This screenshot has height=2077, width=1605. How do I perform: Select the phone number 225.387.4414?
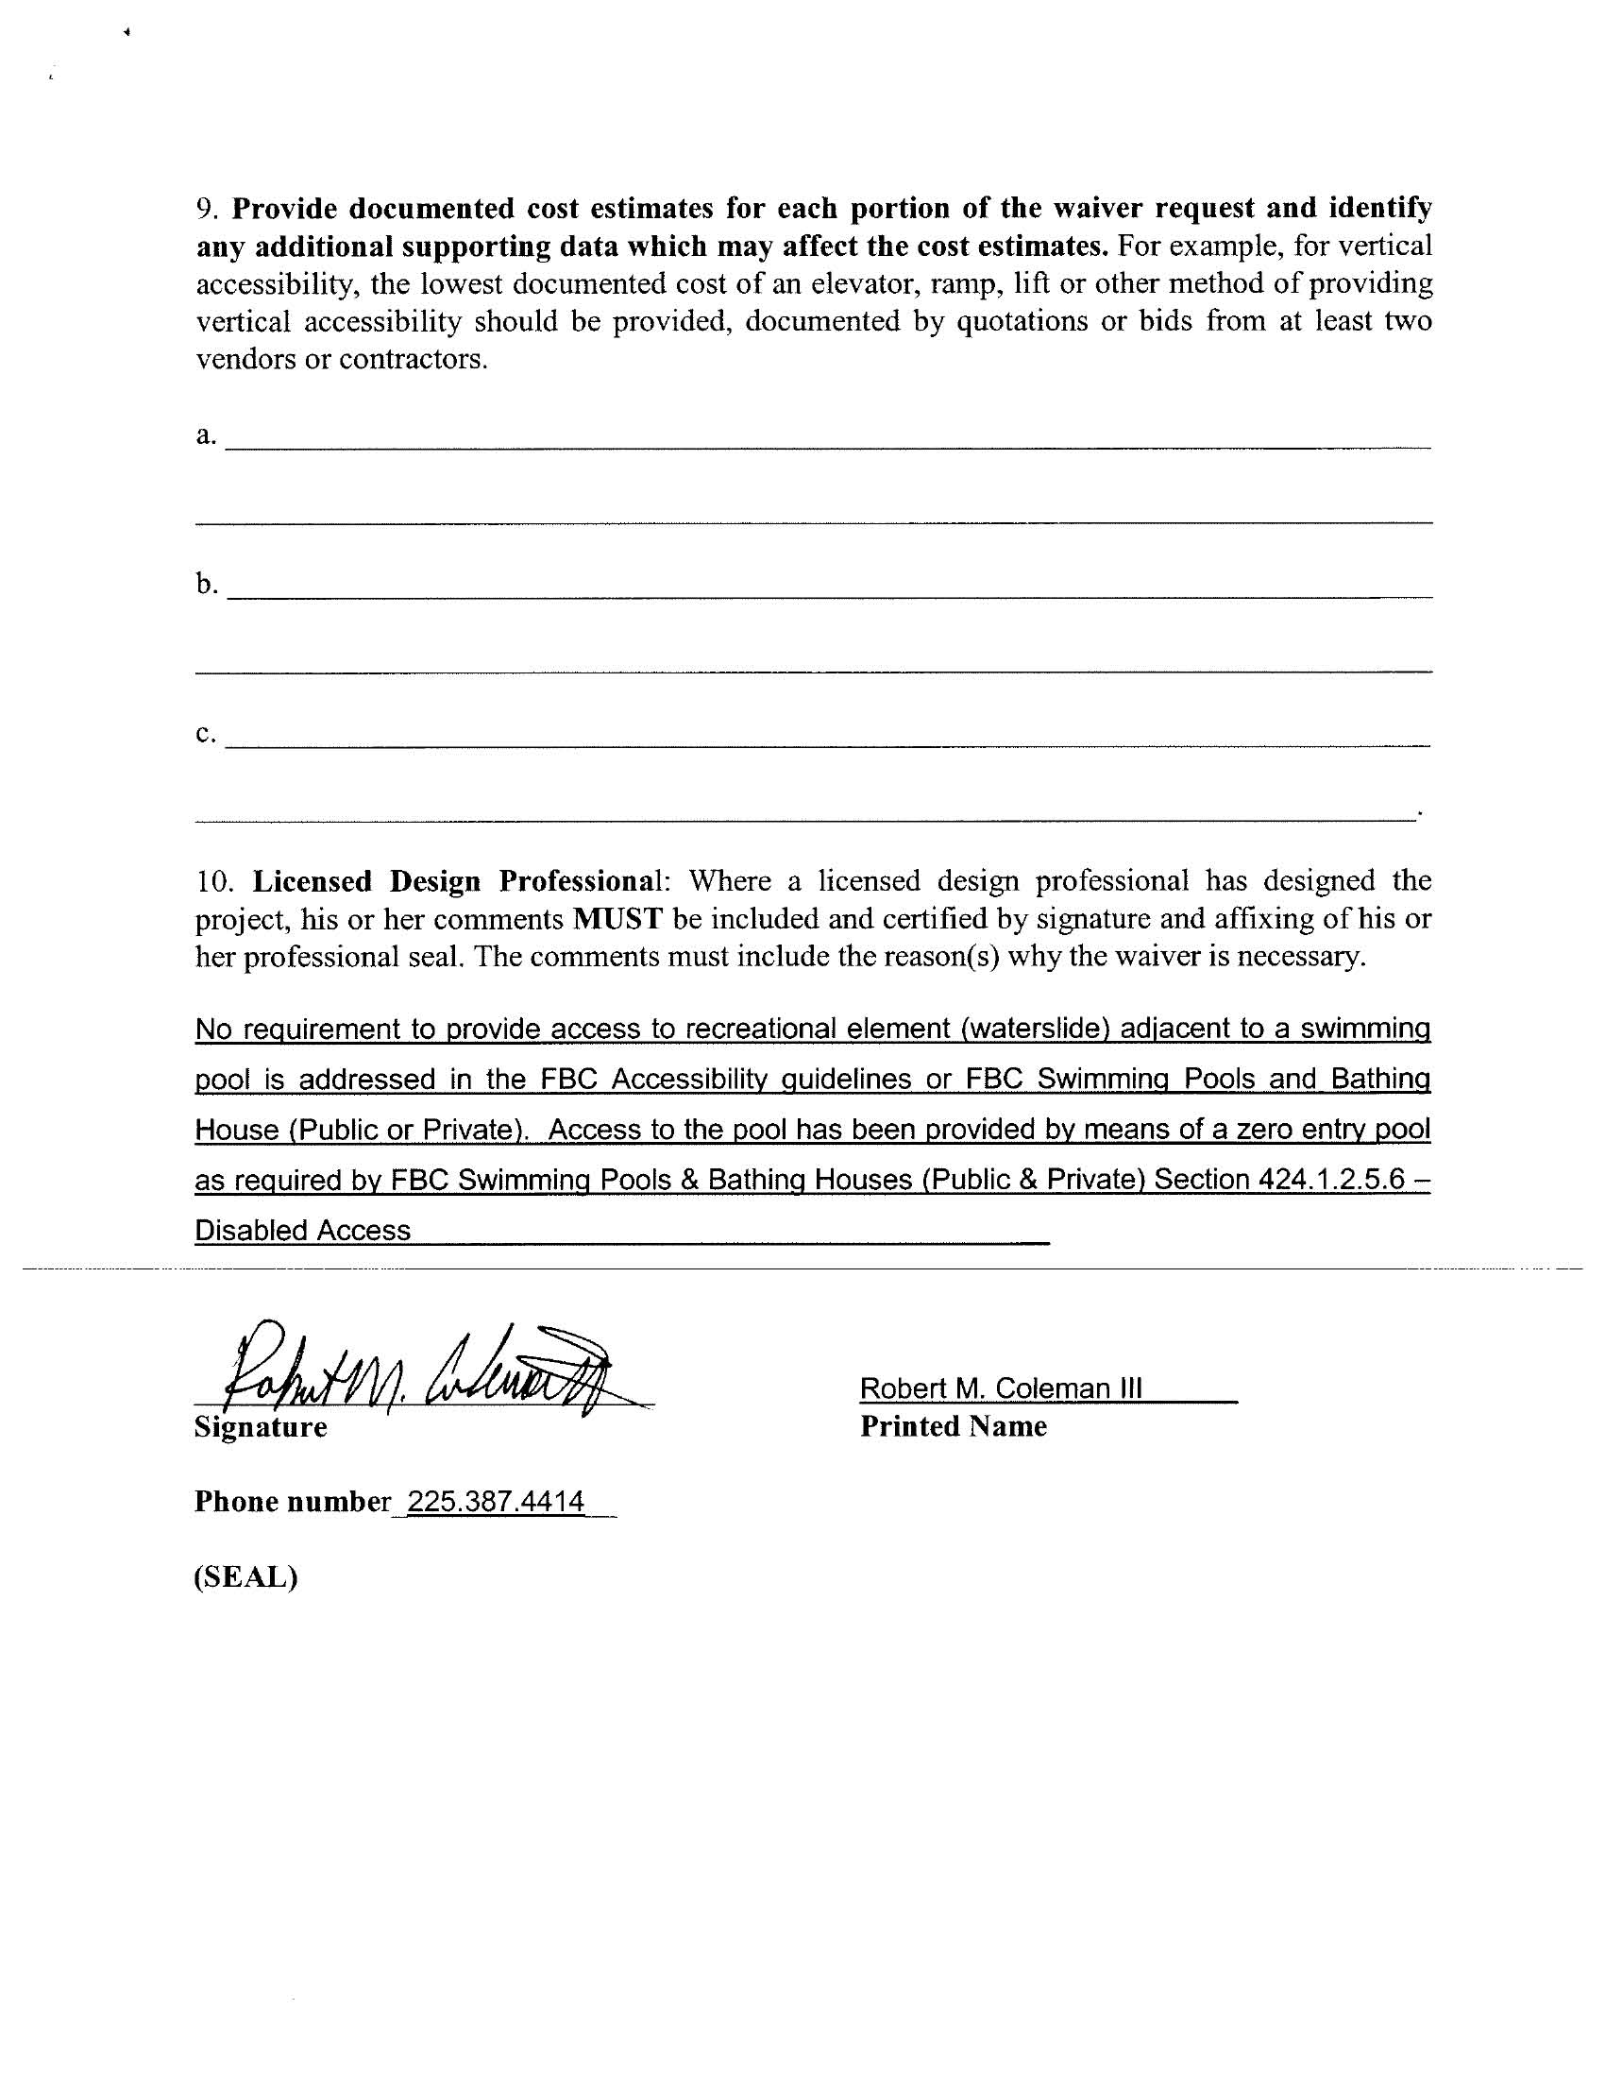pos(496,1502)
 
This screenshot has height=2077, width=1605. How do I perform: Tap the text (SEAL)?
pos(246,1577)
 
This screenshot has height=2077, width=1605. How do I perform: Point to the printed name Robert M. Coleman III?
pos(1000,1388)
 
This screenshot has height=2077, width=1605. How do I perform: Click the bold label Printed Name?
pos(953,1426)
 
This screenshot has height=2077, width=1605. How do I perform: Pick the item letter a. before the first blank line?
pos(207,434)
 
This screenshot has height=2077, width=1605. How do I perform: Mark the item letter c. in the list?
pos(207,733)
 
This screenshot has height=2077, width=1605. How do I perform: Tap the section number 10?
pos(215,881)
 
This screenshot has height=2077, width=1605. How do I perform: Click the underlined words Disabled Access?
pos(302,1231)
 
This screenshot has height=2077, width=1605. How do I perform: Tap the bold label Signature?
pos(261,1427)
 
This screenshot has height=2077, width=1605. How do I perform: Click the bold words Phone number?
pos(292,1502)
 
